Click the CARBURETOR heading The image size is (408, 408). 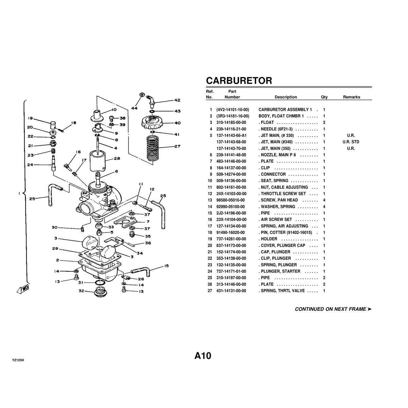click(x=239, y=81)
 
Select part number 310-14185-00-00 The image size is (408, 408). click(x=231, y=123)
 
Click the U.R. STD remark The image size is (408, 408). click(x=351, y=142)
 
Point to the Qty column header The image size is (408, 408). click(x=324, y=97)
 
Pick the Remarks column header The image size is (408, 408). click(x=352, y=97)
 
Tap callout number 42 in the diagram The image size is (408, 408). click(x=177, y=100)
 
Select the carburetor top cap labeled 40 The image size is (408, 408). click(x=152, y=123)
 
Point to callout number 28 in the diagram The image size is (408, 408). click(x=117, y=158)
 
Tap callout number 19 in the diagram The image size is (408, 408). click(x=30, y=118)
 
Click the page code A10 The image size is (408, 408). click(x=203, y=356)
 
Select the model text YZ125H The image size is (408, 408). click(x=18, y=360)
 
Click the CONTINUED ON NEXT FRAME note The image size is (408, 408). click(x=333, y=309)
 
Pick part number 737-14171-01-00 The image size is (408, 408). click(x=231, y=271)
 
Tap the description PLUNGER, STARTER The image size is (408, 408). click(x=280, y=271)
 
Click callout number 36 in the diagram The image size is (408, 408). click(x=148, y=243)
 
